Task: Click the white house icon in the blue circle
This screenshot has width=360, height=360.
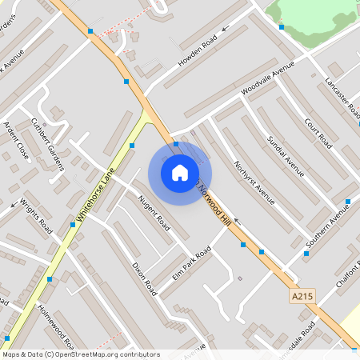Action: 180,173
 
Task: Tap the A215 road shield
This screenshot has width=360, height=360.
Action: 301,296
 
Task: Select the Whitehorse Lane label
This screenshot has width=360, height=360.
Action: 95,195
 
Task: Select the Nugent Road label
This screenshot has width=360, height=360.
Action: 154,210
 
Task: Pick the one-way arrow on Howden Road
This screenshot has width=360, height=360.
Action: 225,29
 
